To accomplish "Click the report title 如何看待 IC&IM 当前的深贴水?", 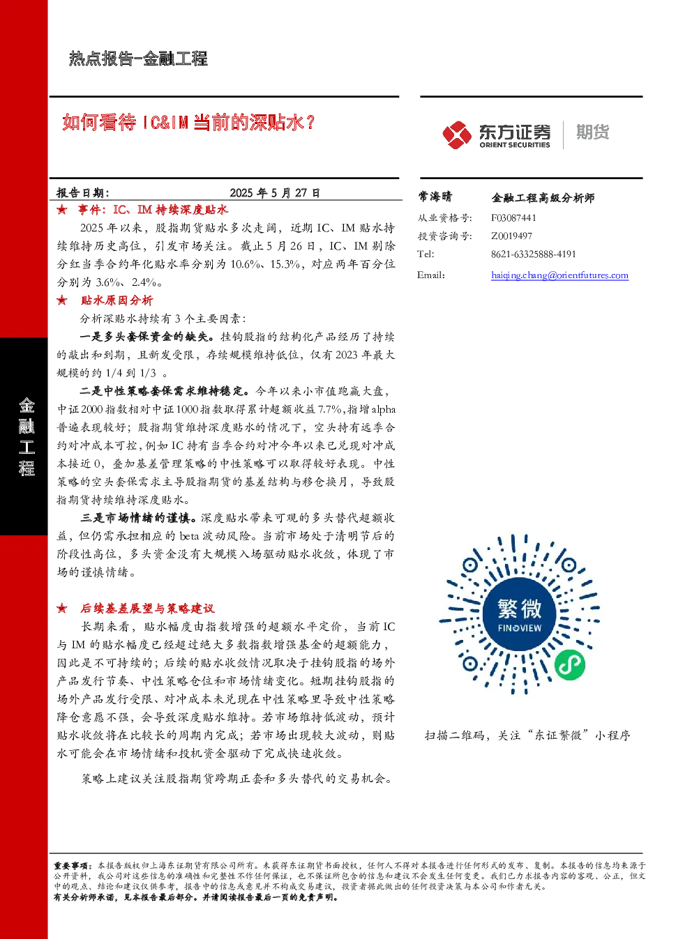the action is click(x=188, y=122).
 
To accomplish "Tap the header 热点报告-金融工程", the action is click(x=138, y=59).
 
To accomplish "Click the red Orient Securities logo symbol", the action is click(x=457, y=135).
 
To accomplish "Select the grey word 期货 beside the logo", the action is click(x=592, y=132).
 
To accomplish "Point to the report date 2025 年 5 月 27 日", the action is click(x=275, y=193).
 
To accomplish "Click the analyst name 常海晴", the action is click(x=435, y=196).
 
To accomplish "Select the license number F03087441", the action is click(x=513, y=217).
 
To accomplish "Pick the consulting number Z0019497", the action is click(x=511, y=236).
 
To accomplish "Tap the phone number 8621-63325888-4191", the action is click(x=534, y=254).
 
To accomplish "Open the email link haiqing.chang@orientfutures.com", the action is click(x=559, y=275).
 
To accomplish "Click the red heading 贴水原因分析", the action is click(x=116, y=300).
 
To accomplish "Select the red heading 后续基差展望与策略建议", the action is click(x=147, y=608).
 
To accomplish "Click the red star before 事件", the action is click(x=62, y=210).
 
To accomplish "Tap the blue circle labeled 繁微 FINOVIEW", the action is click(x=519, y=614).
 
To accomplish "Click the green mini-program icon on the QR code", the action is click(x=570, y=664).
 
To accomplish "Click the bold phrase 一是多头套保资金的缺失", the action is click(x=148, y=337).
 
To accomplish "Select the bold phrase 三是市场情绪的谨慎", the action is click(x=138, y=518).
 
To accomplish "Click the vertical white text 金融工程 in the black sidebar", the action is click(x=27, y=436).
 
